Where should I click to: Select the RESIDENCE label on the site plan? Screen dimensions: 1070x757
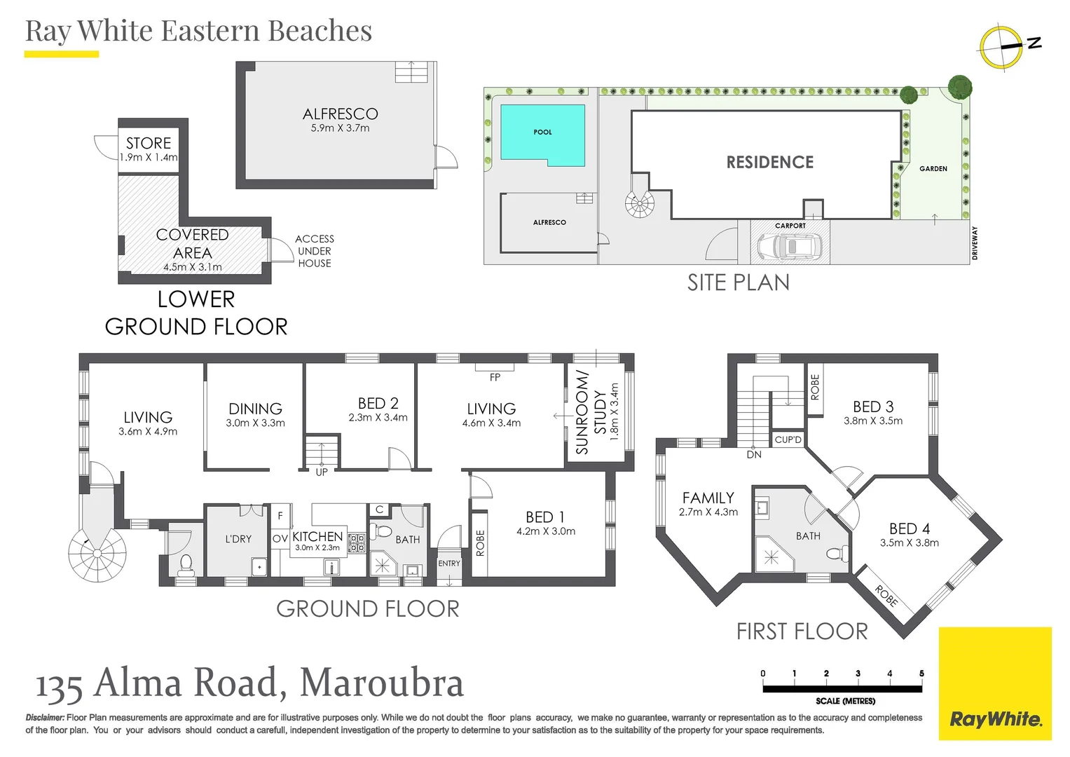point(769,163)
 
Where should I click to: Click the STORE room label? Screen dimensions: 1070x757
point(149,143)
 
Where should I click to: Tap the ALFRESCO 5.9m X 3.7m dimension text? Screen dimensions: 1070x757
point(340,128)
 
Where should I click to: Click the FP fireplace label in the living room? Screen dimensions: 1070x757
point(495,377)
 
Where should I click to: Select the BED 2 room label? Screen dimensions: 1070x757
point(378,404)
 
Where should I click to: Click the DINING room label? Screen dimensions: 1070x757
point(255,409)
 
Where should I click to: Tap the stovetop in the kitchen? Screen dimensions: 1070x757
point(357,543)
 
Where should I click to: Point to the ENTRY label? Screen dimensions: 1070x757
point(449,564)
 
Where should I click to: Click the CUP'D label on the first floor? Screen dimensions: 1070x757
point(788,440)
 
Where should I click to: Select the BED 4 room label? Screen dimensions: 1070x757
point(910,528)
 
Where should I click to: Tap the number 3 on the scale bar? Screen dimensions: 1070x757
point(858,674)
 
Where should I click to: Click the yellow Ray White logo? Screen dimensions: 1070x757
point(995,683)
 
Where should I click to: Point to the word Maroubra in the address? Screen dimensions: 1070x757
point(382,683)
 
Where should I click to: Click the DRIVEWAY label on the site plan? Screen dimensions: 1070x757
point(975,243)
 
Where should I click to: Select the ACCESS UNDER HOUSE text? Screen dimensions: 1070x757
point(315,251)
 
